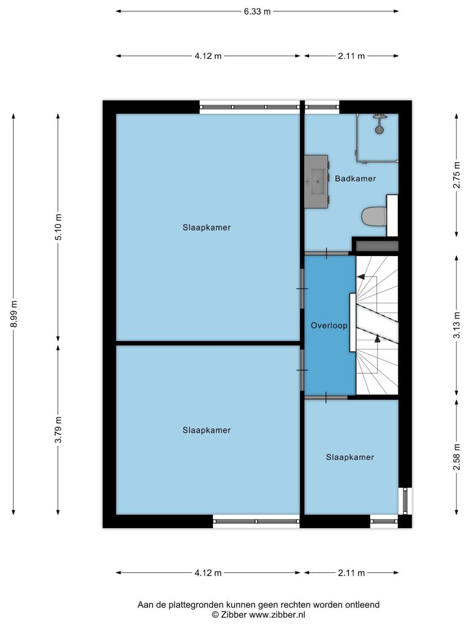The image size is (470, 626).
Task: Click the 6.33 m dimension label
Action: click(x=257, y=12)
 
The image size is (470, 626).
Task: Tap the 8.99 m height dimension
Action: click(x=14, y=313)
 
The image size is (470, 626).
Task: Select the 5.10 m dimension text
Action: click(x=58, y=227)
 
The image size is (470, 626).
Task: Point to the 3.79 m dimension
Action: click(x=58, y=429)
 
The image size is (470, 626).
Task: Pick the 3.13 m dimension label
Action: click(x=457, y=325)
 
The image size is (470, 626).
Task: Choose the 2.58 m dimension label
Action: click(x=457, y=457)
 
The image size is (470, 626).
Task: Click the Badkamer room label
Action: click(x=356, y=179)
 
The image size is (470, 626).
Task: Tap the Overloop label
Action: click(x=329, y=325)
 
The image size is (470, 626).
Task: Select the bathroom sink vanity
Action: click(x=316, y=182)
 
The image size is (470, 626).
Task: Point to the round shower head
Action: click(x=379, y=130)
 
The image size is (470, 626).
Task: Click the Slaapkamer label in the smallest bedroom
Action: click(x=349, y=457)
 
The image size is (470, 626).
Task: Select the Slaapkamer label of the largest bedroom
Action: click(x=207, y=227)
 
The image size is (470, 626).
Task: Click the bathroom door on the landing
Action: click(x=327, y=253)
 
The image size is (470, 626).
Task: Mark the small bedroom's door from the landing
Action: click(x=326, y=397)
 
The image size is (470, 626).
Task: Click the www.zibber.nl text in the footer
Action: click(x=277, y=615)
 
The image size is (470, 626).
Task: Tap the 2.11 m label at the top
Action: click(x=351, y=56)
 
